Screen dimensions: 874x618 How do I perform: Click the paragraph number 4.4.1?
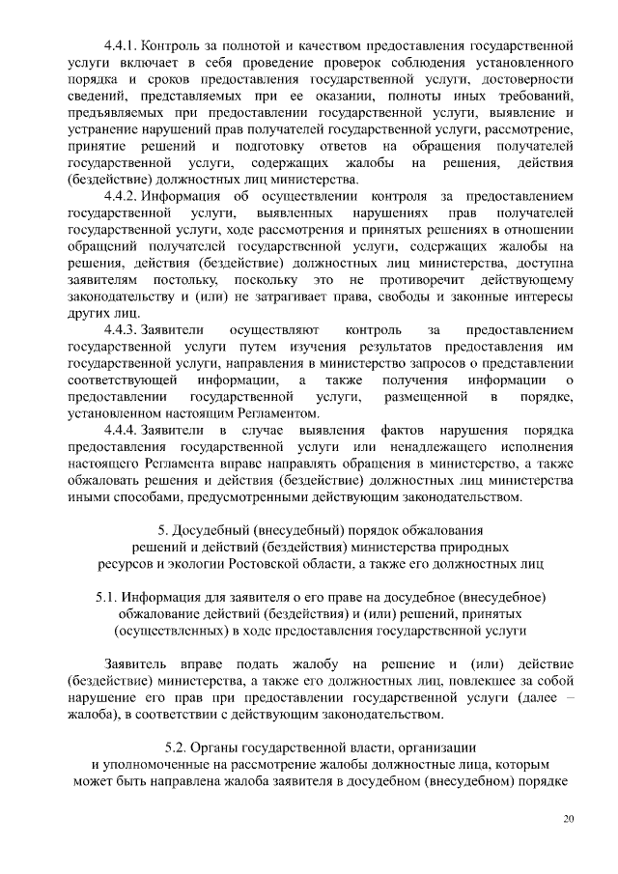point(124,45)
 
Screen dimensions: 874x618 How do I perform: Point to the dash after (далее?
point(569,698)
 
